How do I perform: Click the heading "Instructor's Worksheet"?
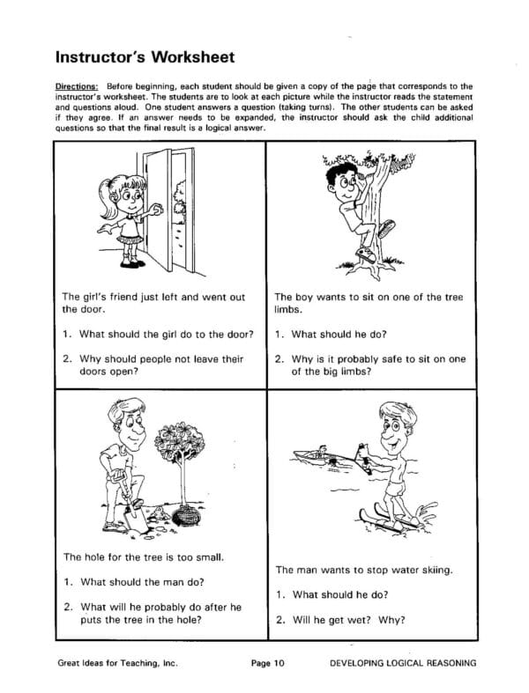(x=145, y=58)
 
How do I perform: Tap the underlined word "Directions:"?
(x=78, y=86)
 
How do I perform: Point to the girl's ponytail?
(x=107, y=188)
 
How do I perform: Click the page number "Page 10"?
(x=268, y=663)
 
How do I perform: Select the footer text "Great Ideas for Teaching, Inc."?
(x=115, y=663)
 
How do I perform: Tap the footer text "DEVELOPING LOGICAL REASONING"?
(x=402, y=663)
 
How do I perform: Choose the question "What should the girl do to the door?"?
(x=159, y=334)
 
